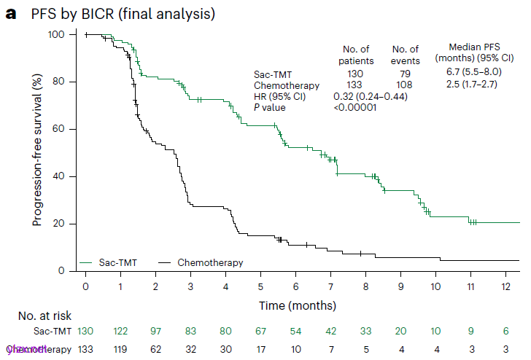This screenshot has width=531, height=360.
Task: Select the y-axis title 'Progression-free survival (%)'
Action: (x=36, y=152)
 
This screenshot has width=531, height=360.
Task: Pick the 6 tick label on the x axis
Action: (x=295, y=286)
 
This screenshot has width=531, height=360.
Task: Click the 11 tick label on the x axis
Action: (x=470, y=286)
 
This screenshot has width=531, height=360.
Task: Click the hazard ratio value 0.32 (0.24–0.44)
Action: (x=370, y=96)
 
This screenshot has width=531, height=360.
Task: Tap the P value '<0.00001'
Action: (x=355, y=107)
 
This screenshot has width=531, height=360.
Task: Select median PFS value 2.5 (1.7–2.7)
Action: (x=473, y=85)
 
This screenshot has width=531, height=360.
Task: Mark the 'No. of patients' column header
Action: (x=356, y=55)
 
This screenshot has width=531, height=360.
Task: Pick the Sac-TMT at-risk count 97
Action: (x=156, y=332)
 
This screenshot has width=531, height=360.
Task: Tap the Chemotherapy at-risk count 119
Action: (x=121, y=349)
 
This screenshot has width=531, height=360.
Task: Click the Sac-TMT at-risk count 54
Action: (x=295, y=332)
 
